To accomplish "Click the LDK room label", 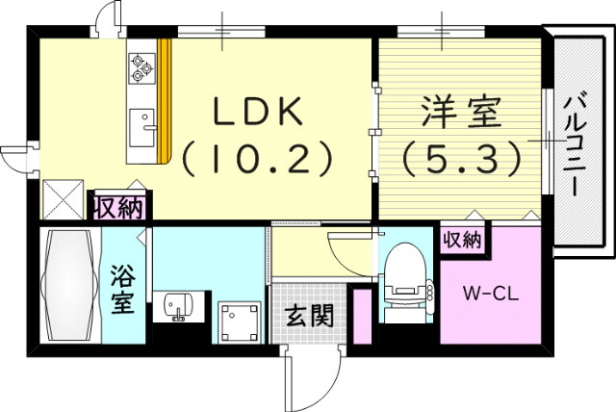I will (258, 112).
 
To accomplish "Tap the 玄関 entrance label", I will (308, 315).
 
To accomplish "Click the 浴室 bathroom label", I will (123, 287).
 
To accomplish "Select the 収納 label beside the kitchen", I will (119, 206).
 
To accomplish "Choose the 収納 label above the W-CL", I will (461, 240).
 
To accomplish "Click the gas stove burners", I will (141, 64).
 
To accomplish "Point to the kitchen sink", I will (143, 123).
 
